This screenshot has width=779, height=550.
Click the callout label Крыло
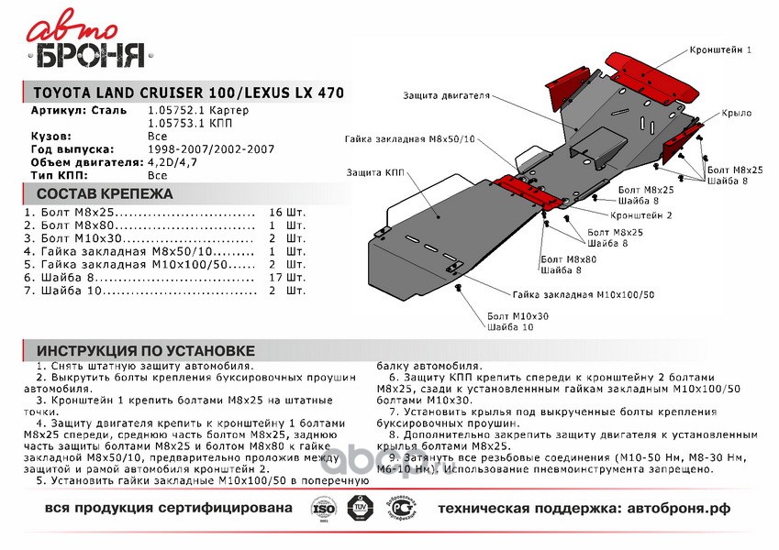(735, 113)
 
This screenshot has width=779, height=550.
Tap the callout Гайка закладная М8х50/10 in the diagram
(410, 140)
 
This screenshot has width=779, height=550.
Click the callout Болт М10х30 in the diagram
(517, 315)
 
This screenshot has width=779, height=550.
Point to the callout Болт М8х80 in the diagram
(568, 259)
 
